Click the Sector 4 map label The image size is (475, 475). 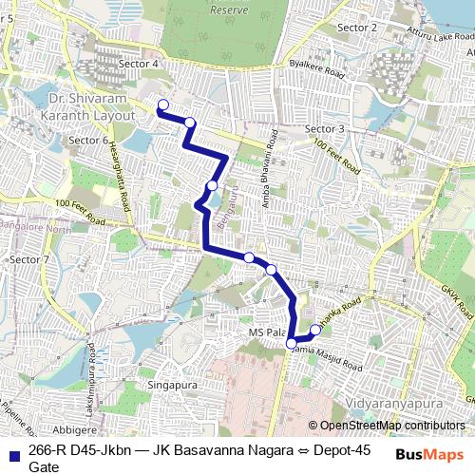coord(139,64)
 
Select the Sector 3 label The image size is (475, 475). coord(325,128)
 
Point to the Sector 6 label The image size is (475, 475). coord(88,140)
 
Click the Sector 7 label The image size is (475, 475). coord(28,259)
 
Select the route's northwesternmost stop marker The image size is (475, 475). coord(162,105)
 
